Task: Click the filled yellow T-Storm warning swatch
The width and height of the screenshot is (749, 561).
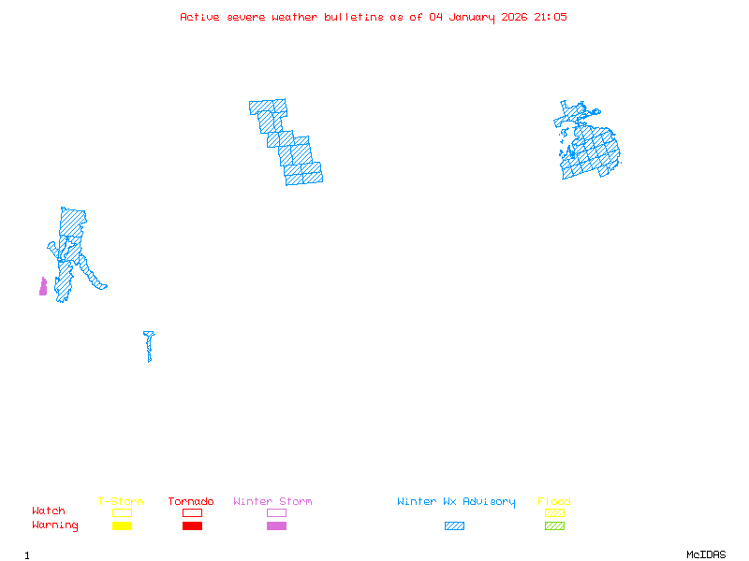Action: [122, 526]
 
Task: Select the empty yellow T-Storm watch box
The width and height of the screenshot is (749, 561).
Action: [122, 512]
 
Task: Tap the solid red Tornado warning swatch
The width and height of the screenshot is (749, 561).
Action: [192, 526]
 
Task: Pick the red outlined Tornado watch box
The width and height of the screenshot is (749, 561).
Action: [192, 512]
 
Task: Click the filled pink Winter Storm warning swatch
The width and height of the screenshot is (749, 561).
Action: [276, 526]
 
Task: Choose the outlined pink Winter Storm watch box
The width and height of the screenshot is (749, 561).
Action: [276, 512]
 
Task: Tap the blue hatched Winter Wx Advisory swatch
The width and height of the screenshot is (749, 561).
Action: [454, 526]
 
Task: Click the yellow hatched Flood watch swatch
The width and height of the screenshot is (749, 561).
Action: [554, 512]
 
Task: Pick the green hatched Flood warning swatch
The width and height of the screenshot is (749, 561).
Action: [554, 526]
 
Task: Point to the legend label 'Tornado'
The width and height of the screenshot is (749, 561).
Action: [191, 502]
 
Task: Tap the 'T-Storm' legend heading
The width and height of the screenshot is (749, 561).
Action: [121, 502]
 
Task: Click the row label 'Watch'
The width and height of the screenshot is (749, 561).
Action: [49, 511]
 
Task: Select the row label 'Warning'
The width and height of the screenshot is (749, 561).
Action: [54, 525]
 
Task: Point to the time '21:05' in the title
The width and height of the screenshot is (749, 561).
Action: [551, 17]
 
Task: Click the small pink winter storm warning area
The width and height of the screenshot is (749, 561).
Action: [43, 287]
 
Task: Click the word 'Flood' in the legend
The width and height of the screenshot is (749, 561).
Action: [554, 502]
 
